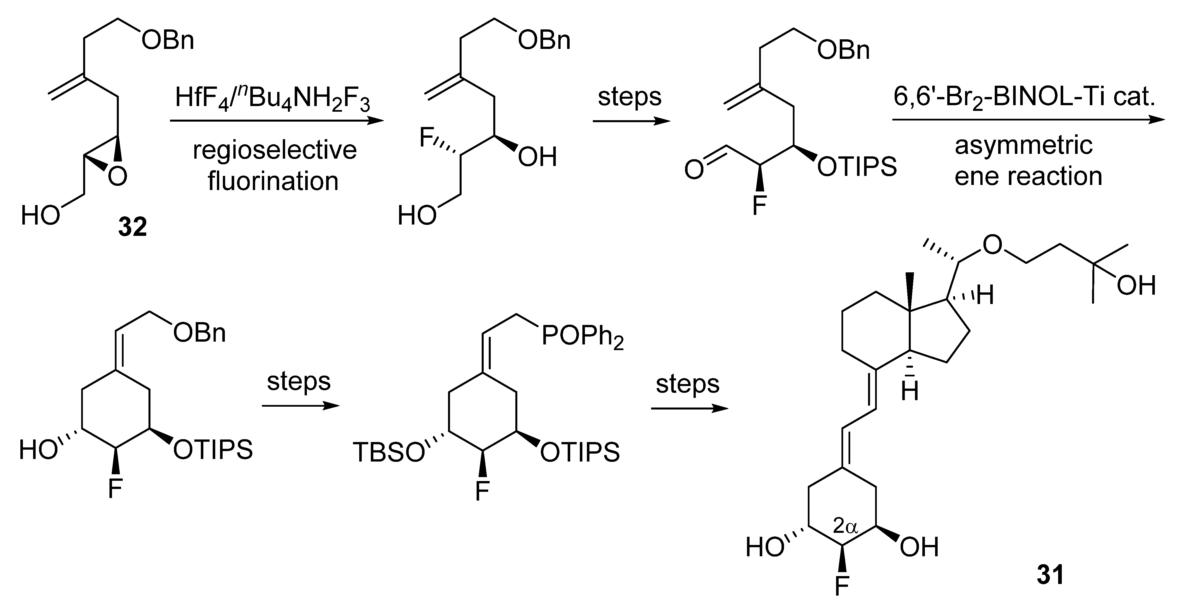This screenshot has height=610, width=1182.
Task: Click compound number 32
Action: click(133, 227)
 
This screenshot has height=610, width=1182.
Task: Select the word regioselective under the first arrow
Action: click(274, 150)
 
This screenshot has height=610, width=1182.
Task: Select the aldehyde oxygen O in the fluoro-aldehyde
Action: click(694, 170)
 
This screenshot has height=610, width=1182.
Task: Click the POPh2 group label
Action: click(583, 337)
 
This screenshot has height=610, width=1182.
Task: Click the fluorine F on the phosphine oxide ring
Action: click(482, 491)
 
